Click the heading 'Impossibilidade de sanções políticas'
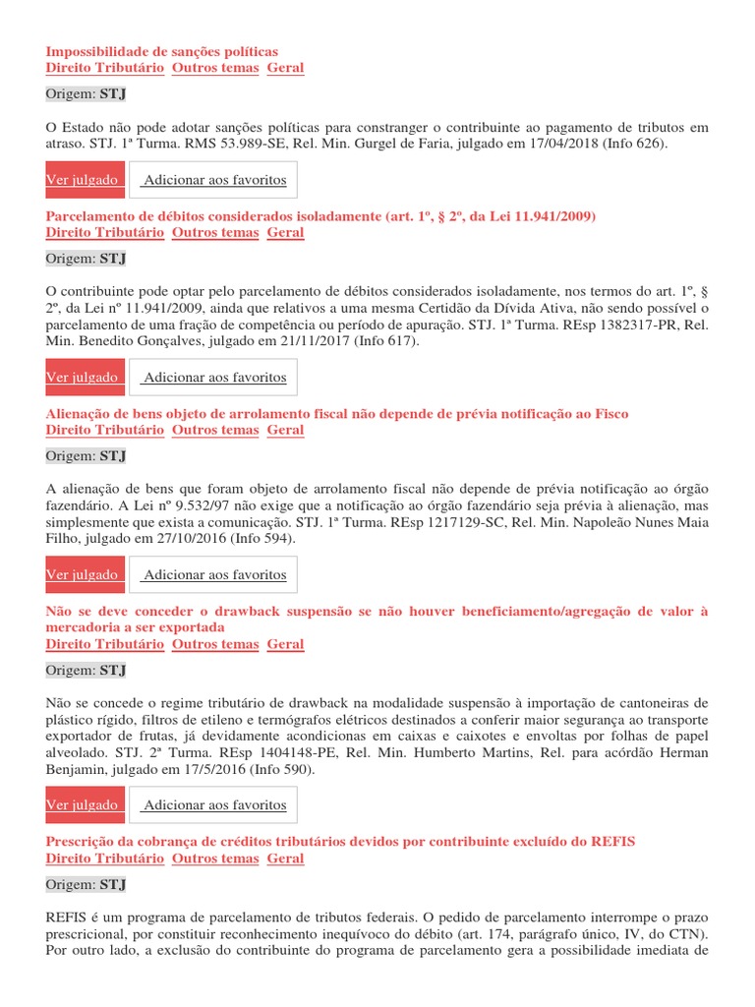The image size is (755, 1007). [x=162, y=51]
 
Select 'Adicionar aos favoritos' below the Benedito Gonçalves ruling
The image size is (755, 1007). [x=214, y=377]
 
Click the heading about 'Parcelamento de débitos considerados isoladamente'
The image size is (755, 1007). [x=321, y=215]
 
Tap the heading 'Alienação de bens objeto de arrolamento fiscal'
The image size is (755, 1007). [x=337, y=413]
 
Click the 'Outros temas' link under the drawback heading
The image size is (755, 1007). [x=215, y=644]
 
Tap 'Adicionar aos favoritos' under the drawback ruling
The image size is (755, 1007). [x=214, y=804]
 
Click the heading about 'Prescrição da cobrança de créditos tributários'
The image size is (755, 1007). [x=340, y=841]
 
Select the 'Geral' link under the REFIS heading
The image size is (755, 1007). [x=285, y=858]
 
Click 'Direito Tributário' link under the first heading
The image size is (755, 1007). [x=105, y=68]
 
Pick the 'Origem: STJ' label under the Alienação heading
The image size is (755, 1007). [x=86, y=456]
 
